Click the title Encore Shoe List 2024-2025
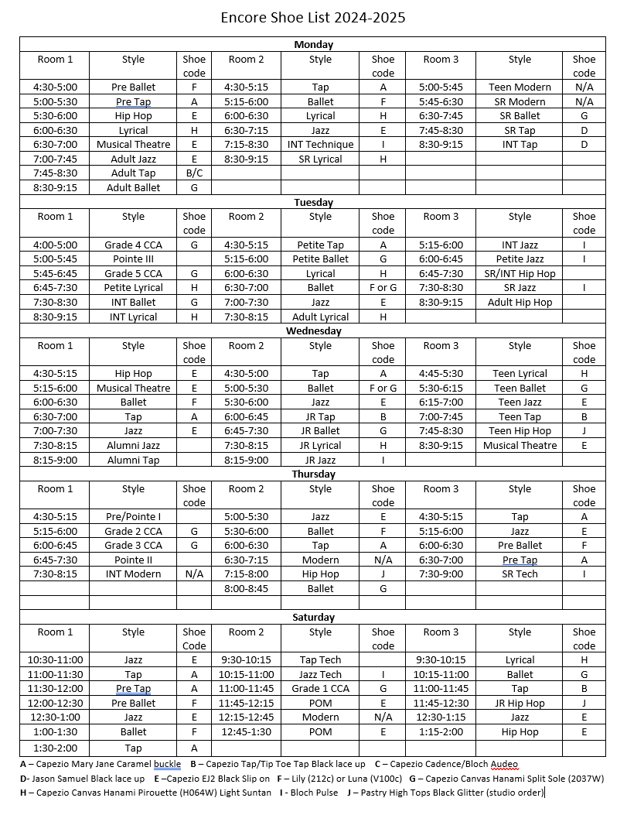coord(313,18)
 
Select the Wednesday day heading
coord(313,331)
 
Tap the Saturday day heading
coord(313,618)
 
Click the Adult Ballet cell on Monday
coord(133,187)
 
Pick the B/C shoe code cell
coord(194,173)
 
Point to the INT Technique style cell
coord(320,145)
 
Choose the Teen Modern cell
coord(520,87)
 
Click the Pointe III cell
coord(133,259)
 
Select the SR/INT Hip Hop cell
coord(520,274)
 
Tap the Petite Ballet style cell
coord(320,259)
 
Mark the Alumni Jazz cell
coord(133,446)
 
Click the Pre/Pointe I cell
coord(133,517)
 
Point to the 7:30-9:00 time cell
coord(440,574)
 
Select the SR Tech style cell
coord(520,574)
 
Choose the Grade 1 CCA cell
coord(320,689)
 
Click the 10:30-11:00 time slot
coord(54,660)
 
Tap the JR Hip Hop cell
coord(520,704)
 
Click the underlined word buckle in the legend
coord(167,764)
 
